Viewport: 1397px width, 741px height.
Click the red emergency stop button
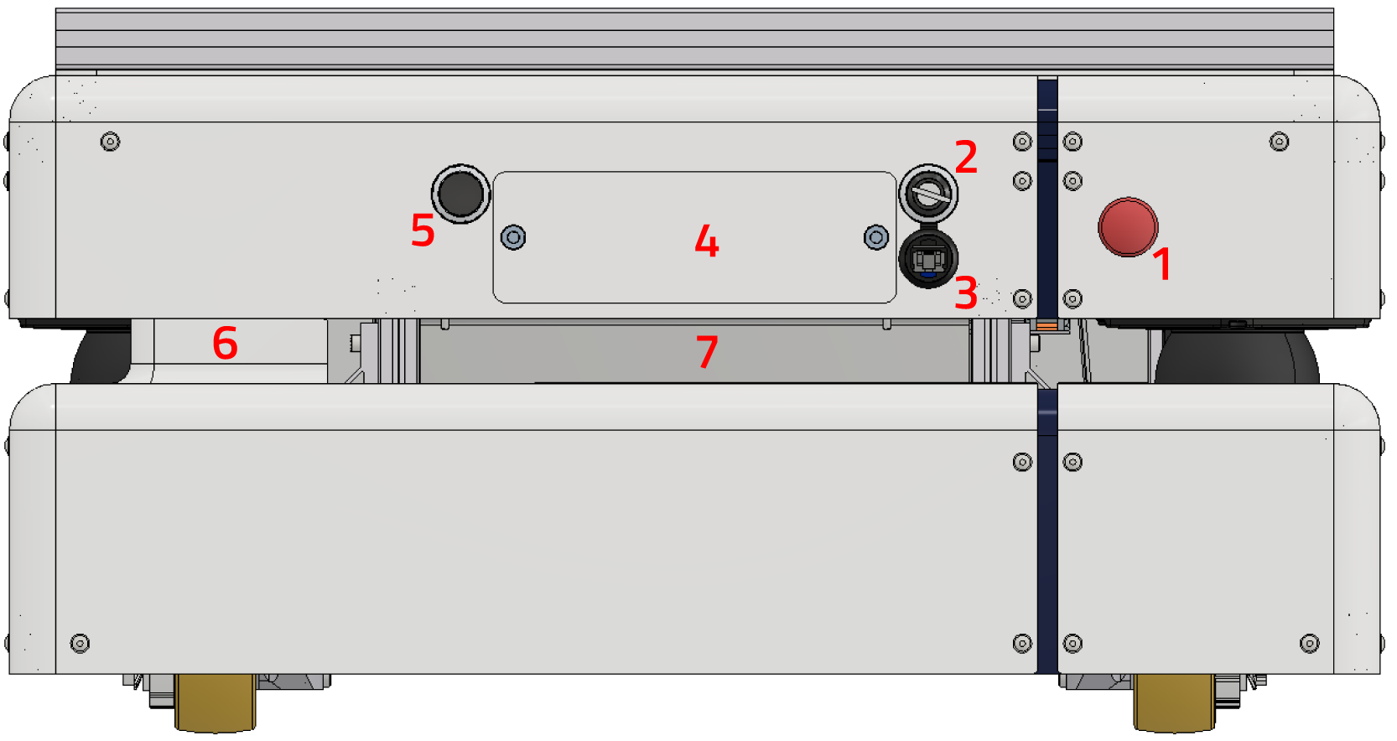point(1128,226)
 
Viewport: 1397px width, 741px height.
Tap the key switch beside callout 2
point(928,194)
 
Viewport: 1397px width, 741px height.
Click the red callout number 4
point(707,241)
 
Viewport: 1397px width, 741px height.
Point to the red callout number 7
point(707,351)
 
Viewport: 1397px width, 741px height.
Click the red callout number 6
point(225,343)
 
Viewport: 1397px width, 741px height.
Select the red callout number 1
point(1161,264)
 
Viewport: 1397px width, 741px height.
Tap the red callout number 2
point(966,157)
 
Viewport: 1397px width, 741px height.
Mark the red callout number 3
point(966,293)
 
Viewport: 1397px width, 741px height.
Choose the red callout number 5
point(423,231)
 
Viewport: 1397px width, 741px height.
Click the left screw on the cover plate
point(513,237)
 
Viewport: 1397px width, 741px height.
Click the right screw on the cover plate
point(876,237)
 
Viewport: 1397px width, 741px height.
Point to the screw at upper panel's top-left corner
point(110,142)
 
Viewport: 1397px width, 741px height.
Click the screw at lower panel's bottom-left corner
point(80,643)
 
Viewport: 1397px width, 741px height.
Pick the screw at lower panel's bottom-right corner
point(1309,643)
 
